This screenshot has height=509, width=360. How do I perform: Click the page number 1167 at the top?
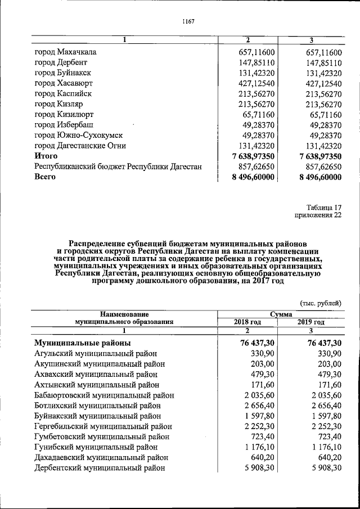(x=188, y=21)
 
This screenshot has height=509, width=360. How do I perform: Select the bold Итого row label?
(x=46, y=156)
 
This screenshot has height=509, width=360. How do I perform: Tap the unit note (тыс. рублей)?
(x=321, y=303)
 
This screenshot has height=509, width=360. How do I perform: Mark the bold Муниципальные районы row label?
(x=83, y=343)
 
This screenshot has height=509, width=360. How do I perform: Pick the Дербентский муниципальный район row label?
(x=100, y=467)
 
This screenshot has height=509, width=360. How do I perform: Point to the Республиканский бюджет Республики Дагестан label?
(x=118, y=166)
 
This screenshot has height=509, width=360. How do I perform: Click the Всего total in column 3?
(x=317, y=177)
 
